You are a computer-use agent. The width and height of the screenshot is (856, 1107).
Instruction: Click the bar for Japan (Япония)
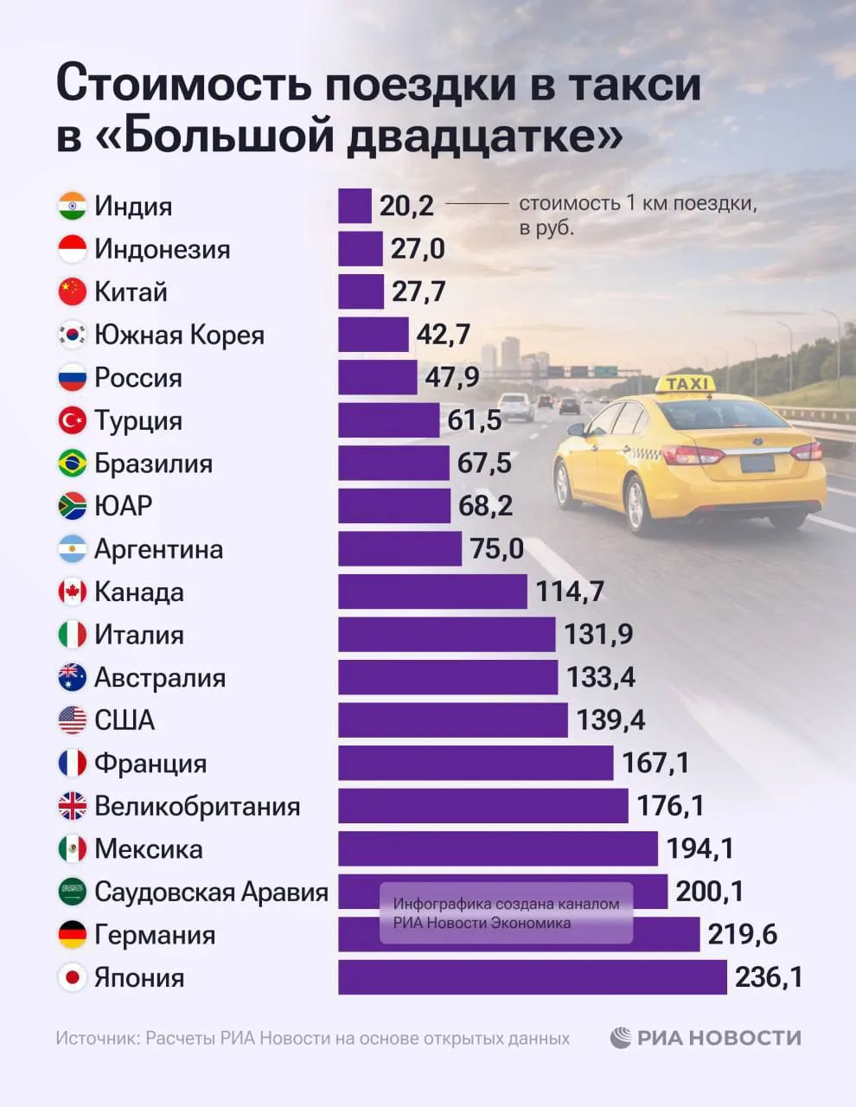532,977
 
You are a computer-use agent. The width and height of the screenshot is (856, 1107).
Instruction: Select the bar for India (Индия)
355,206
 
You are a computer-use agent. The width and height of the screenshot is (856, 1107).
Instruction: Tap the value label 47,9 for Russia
451,378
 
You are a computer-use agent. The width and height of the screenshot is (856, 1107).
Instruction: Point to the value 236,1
769,977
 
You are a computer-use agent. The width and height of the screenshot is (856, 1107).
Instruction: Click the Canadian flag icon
73,592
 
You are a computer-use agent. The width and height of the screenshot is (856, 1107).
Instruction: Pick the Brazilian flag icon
73,464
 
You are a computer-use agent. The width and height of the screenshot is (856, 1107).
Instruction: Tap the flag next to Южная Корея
73,335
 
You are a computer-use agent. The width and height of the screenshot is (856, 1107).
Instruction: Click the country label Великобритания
197,807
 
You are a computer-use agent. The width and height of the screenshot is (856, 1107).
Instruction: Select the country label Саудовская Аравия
211,893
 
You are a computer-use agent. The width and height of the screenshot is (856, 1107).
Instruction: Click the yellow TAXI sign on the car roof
687,383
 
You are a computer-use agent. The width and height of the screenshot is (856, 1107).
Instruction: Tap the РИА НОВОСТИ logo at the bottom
706,1038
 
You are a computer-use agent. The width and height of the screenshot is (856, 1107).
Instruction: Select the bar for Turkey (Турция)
388,420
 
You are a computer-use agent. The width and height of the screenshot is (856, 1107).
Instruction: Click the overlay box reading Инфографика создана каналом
507,912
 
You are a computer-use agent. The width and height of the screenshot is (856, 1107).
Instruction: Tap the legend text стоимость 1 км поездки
637,204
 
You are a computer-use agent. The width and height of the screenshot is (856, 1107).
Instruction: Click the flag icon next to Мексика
73,849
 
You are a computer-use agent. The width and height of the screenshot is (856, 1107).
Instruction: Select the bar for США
452,720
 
